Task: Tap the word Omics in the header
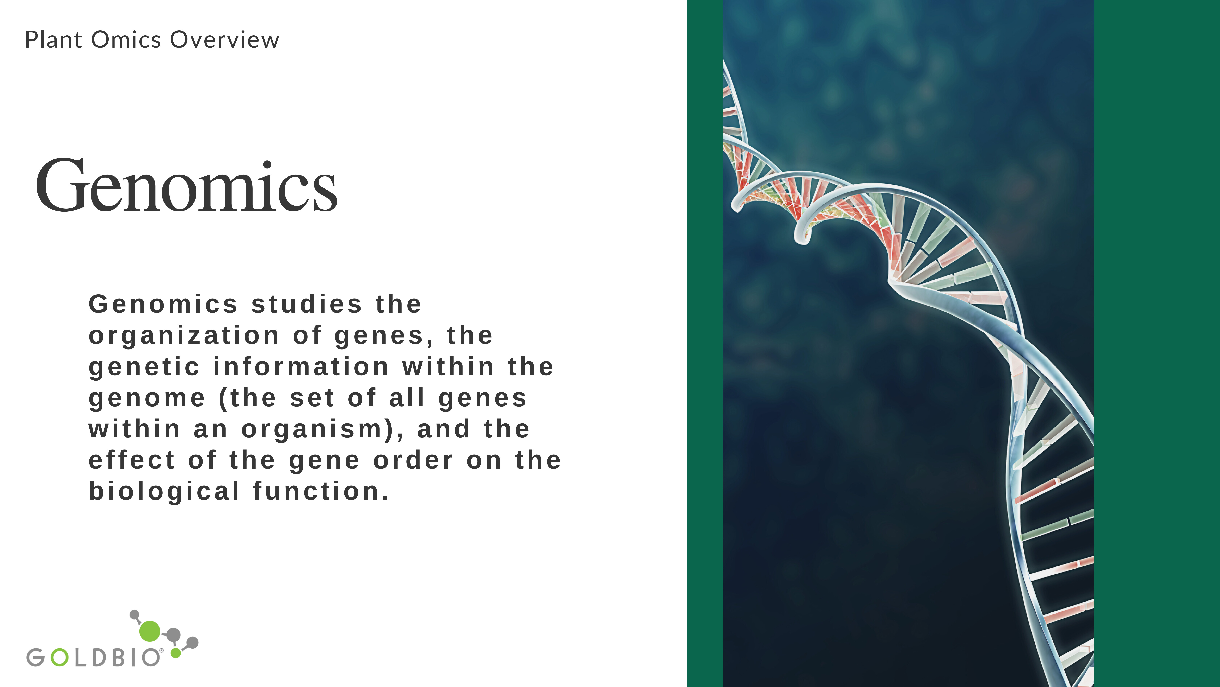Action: [126, 40]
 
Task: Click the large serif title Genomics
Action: [186, 186]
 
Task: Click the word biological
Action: [164, 492]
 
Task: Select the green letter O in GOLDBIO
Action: [60, 658]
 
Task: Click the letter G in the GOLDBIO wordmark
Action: [36, 658]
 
